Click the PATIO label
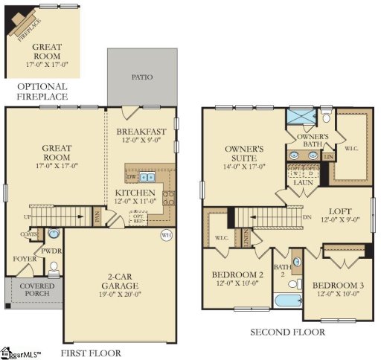142,76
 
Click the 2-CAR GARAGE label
121,285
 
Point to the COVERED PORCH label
36,289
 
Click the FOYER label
24,259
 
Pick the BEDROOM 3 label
336,289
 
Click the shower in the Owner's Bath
301,116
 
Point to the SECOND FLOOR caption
288,332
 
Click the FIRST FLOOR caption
91,353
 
